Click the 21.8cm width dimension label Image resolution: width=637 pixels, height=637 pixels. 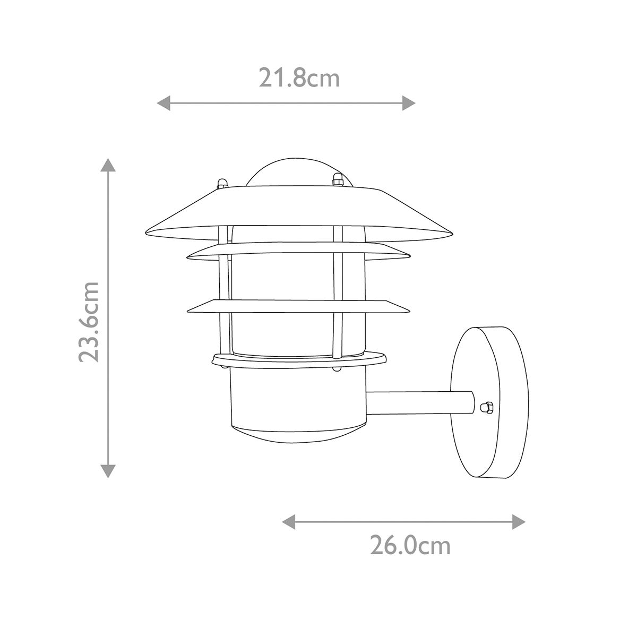point(299,79)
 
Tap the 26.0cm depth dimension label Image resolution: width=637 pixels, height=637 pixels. point(410,546)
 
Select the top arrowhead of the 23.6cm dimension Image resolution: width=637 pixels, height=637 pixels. point(108,165)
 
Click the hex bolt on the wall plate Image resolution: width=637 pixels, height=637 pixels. point(484,407)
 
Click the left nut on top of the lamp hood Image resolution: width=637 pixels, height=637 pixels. point(222,183)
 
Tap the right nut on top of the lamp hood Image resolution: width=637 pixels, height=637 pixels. point(337,180)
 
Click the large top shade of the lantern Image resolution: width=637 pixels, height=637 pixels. point(299,212)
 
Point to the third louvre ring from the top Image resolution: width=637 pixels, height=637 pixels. point(299,306)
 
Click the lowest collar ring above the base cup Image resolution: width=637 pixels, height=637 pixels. point(299,360)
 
